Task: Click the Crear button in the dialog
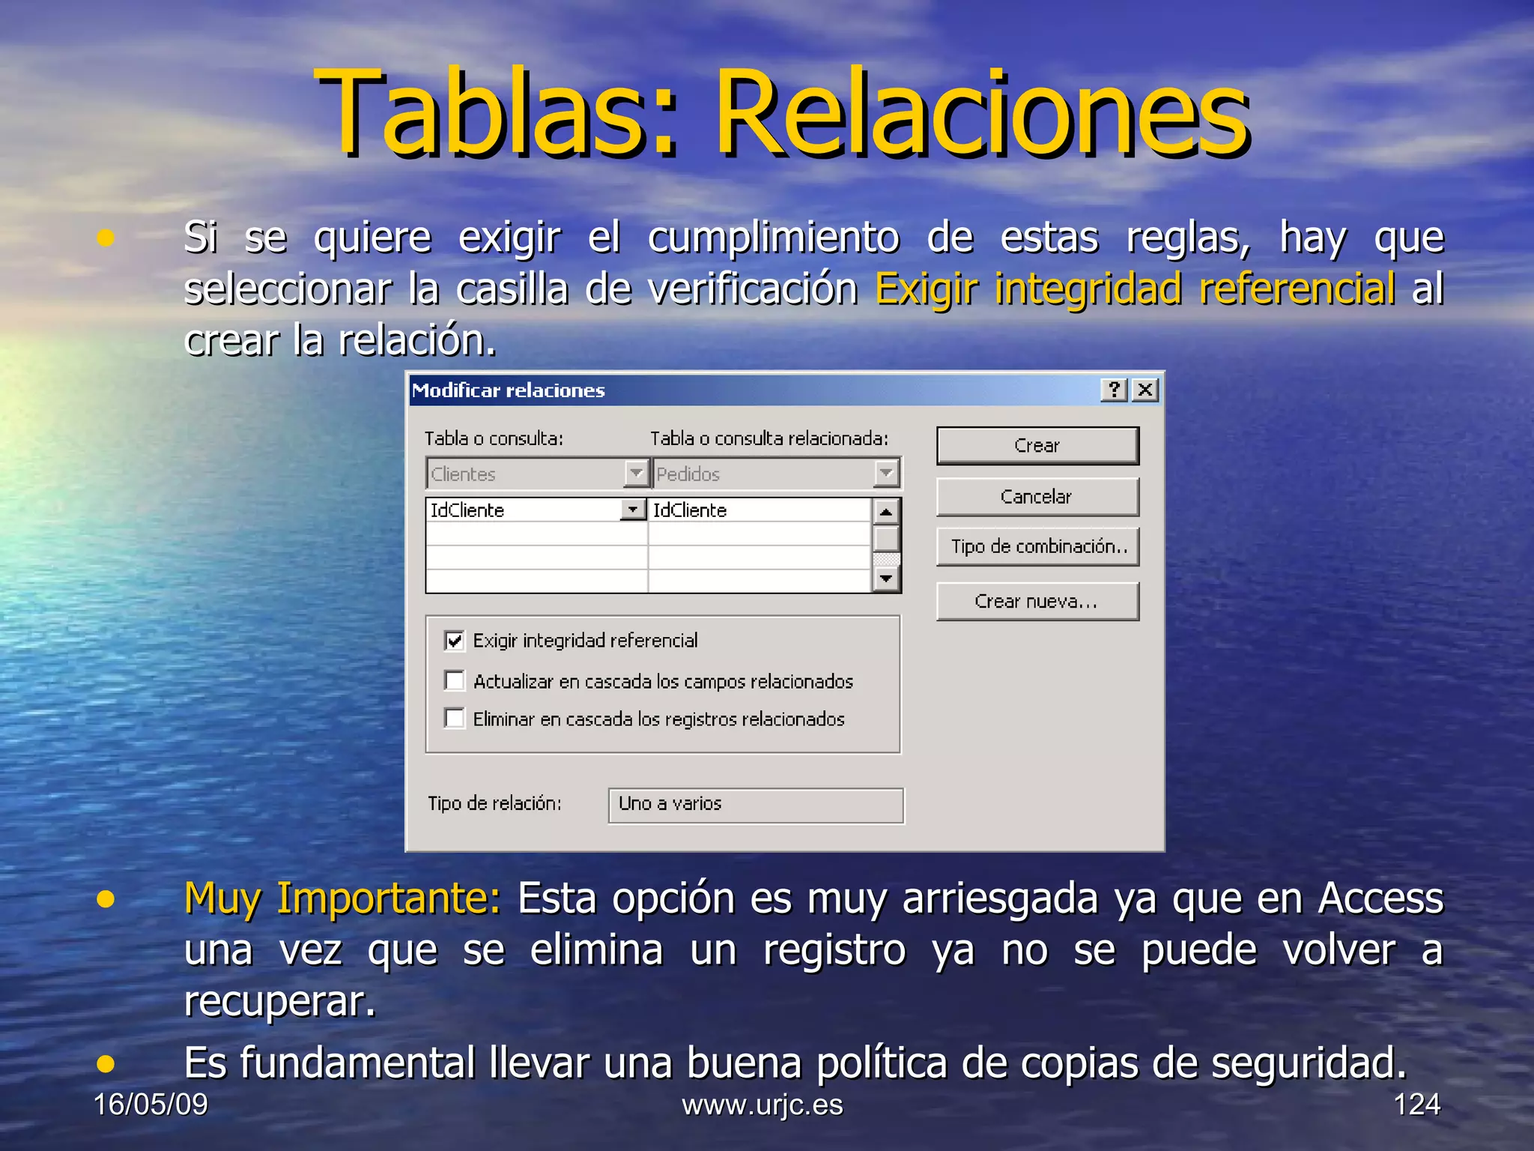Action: pyautogui.click(x=1037, y=446)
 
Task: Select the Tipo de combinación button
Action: pyautogui.click(x=1037, y=546)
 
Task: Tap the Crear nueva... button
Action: pyautogui.click(x=1037, y=602)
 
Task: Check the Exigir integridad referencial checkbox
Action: pyautogui.click(x=455, y=641)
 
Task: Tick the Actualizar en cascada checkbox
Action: pyautogui.click(x=455, y=681)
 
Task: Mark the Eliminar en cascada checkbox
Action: pyautogui.click(x=455, y=719)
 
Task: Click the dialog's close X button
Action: pyautogui.click(x=1145, y=390)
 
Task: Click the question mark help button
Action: pyautogui.click(x=1114, y=390)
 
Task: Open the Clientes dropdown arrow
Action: pyautogui.click(x=636, y=474)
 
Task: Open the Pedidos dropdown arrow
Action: pyautogui.click(x=886, y=474)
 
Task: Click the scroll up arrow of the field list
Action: pyautogui.click(x=886, y=512)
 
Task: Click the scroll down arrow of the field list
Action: pyautogui.click(x=886, y=578)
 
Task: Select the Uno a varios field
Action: pyautogui.click(x=755, y=805)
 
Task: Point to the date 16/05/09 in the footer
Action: pyautogui.click(x=151, y=1105)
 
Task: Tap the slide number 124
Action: pyautogui.click(x=1416, y=1105)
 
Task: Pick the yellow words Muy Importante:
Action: pyautogui.click(x=342, y=898)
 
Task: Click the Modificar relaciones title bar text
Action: pyautogui.click(x=509, y=390)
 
